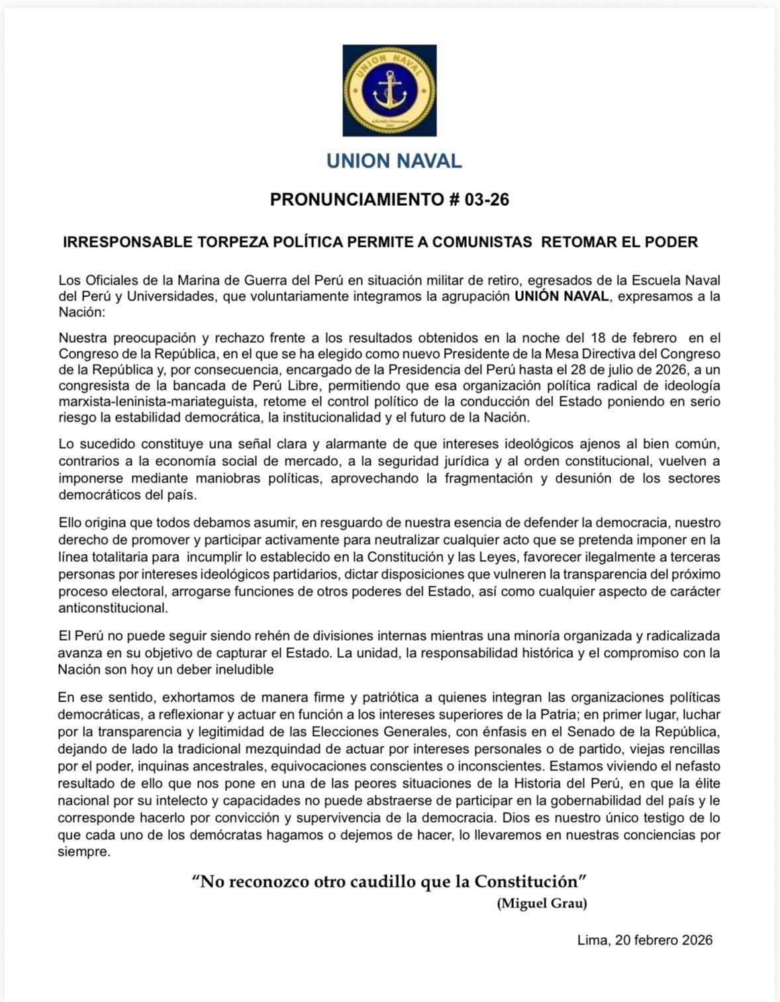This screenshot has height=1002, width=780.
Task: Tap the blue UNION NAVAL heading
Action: [x=394, y=161]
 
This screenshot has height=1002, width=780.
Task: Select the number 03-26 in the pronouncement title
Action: [x=487, y=200]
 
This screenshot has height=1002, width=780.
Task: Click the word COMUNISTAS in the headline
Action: [x=482, y=242]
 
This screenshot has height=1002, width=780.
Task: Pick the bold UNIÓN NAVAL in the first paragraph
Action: [x=561, y=296]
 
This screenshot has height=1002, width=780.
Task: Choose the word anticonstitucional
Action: [x=113, y=608]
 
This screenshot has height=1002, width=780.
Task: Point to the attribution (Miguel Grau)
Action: [x=542, y=903]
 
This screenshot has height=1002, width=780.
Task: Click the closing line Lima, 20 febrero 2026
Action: [x=644, y=940]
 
